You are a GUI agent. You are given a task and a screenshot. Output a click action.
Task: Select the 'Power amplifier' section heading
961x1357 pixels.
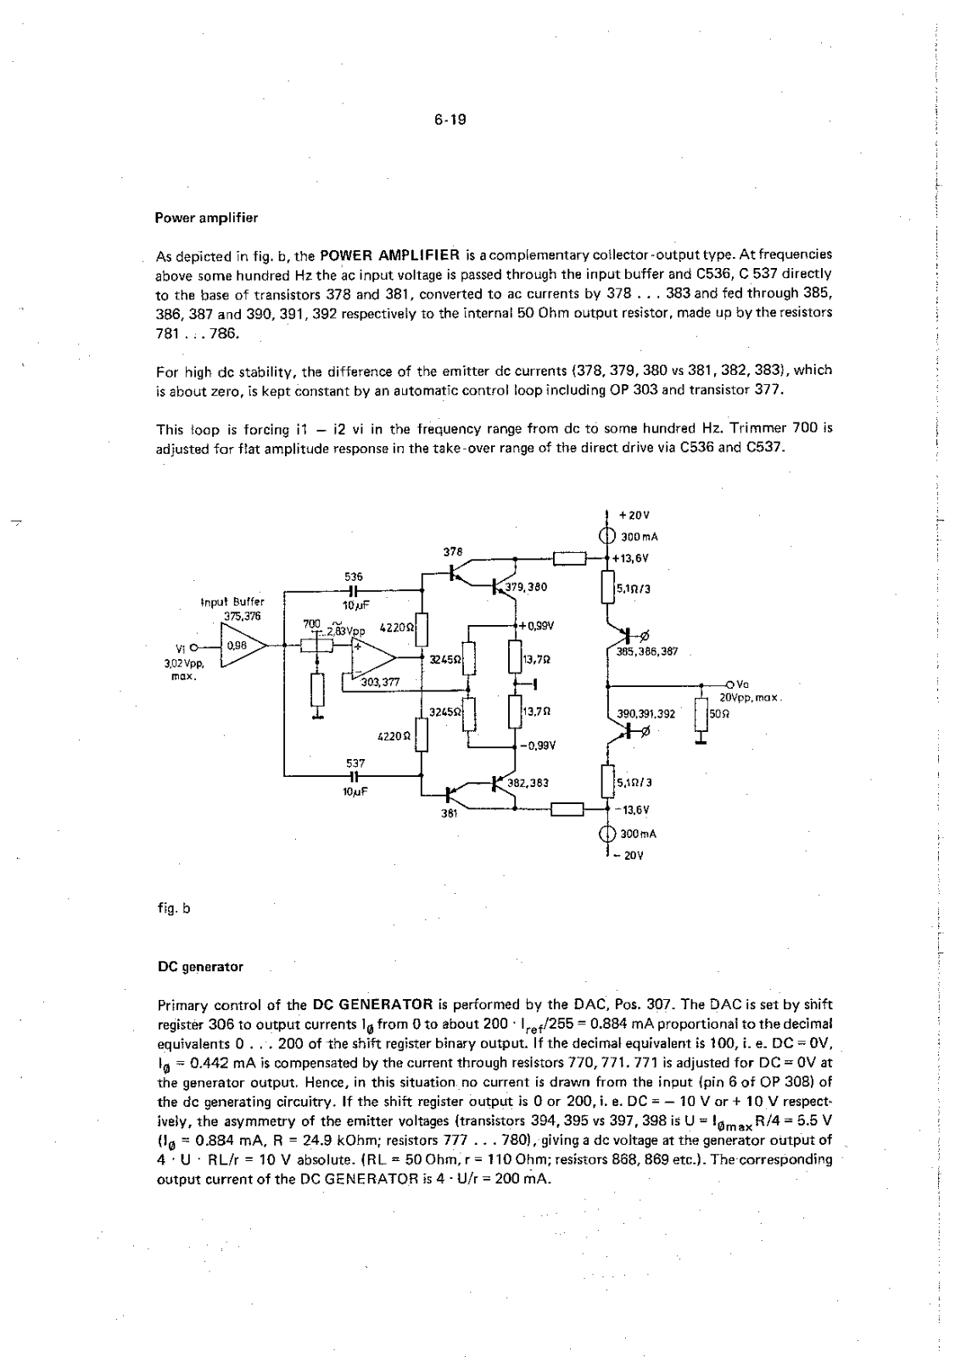pos(206,218)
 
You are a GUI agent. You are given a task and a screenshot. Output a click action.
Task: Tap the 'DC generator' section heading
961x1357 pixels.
pos(200,966)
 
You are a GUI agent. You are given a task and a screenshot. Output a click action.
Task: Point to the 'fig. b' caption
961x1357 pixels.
pos(174,908)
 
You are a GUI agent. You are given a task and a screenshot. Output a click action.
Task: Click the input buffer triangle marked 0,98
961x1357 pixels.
pos(240,645)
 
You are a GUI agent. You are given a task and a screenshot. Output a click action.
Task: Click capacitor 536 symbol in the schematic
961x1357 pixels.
pos(353,590)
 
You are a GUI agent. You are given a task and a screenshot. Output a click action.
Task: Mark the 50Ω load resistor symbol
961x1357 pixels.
pos(701,713)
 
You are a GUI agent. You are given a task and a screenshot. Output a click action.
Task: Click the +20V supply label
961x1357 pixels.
pos(634,515)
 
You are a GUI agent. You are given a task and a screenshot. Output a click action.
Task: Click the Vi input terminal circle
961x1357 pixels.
pos(195,645)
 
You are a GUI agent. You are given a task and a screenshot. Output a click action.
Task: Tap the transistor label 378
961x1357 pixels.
pos(453,551)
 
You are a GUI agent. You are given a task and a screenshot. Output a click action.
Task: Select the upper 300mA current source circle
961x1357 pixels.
pos(606,536)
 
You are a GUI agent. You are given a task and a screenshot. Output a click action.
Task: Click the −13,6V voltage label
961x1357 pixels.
pos(631,811)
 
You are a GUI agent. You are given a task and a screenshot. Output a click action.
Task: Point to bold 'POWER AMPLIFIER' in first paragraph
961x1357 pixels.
pos(390,254)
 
